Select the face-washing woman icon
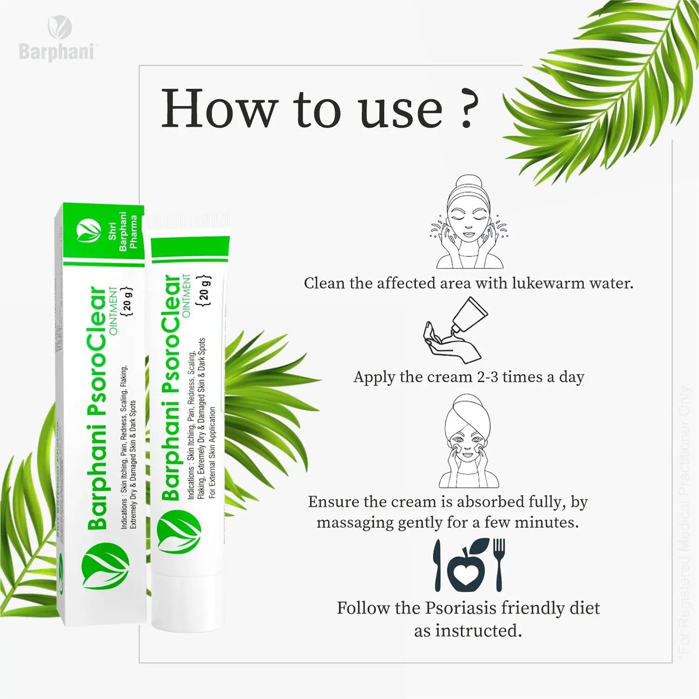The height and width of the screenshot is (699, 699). (x=468, y=222)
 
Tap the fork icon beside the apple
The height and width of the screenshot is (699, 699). (x=499, y=564)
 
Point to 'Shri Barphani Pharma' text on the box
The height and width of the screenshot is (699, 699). (x=124, y=231)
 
